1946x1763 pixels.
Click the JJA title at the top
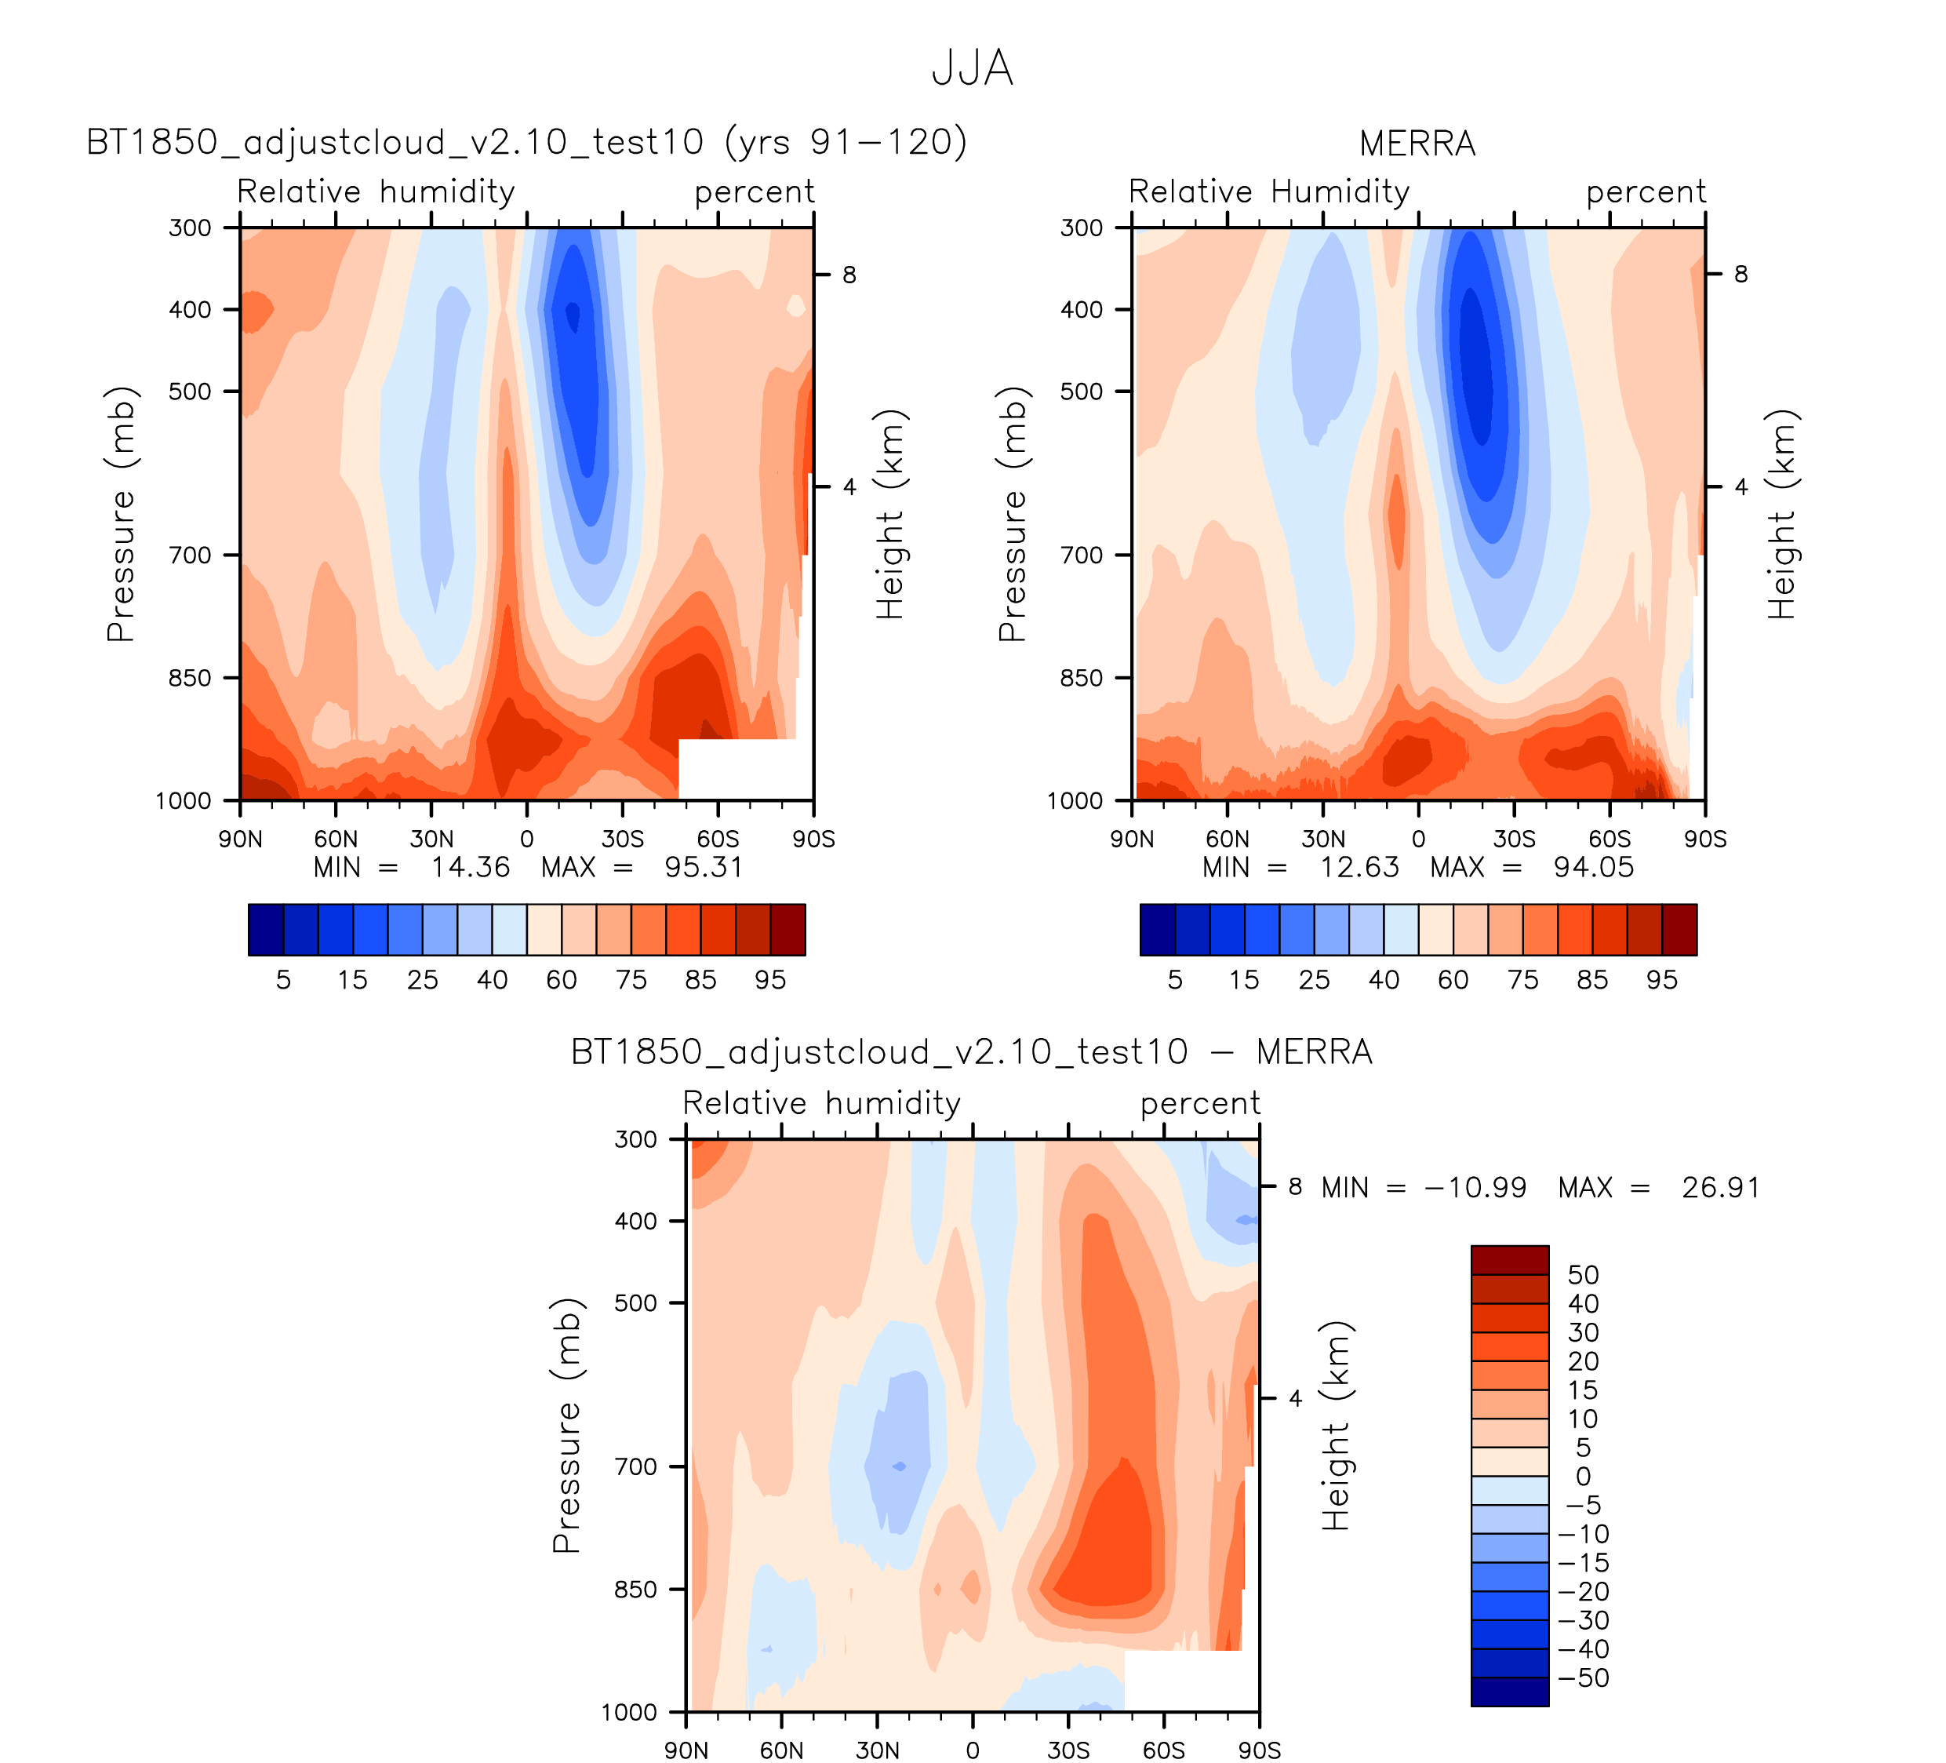click(x=972, y=68)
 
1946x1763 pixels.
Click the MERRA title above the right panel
click(x=1417, y=144)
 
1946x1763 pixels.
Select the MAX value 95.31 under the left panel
click(x=704, y=867)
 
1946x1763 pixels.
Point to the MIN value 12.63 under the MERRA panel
click(x=1359, y=867)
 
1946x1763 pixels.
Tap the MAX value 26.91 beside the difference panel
click(x=1720, y=1188)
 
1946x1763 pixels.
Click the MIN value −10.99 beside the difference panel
click(x=1475, y=1188)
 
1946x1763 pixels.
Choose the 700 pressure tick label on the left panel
click(x=190, y=555)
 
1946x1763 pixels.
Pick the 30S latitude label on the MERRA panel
click(x=1514, y=839)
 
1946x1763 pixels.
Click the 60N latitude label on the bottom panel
click(x=781, y=1750)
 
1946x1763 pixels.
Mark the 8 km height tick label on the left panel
click(x=849, y=275)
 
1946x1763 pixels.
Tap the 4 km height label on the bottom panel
click(x=1296, y=1399)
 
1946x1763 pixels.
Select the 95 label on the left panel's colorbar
click(x=770, y=980)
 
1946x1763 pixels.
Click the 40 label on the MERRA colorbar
click(x=1384, y=980)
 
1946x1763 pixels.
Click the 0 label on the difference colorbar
click(x=1583, y=1477)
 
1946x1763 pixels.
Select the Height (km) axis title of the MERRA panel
click(x=1781, y=515)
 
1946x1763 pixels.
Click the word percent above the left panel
click(x=754, y=192)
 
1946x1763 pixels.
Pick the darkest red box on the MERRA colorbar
click(x=1679, y=930)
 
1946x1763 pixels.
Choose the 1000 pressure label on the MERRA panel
click(x=1075, y=801)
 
